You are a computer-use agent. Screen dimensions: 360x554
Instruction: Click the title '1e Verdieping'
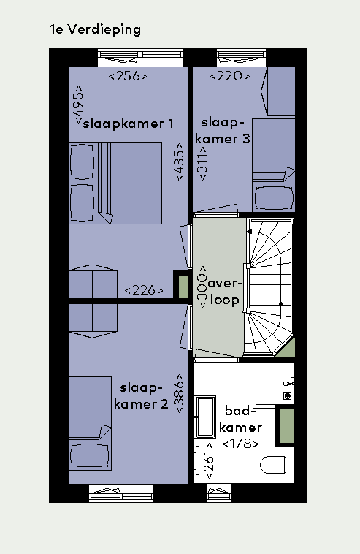[95, 30]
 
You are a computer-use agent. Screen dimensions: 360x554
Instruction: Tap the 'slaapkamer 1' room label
[128, 124]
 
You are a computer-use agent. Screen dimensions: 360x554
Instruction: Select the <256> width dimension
[128, 76]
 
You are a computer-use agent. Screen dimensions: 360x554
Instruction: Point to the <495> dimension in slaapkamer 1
[78, 105]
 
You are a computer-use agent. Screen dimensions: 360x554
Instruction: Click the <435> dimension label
[180, 162]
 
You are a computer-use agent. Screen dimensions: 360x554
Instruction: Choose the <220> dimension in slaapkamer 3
[230, 76]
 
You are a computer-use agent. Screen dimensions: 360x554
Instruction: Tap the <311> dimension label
[203, 163]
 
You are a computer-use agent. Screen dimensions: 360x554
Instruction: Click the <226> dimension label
[144, 290]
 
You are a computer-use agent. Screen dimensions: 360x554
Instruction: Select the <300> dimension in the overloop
[202, 287]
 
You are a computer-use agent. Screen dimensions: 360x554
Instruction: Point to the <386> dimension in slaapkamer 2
[179, 393]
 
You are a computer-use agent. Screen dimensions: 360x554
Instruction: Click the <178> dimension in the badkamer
[241, 443]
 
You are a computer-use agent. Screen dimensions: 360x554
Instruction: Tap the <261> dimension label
[210, 460]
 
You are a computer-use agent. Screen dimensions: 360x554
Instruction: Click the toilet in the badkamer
[273, 465]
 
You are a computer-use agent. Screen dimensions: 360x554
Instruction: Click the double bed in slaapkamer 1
[115, 183]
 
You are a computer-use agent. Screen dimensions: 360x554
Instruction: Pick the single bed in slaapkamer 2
[90, 423]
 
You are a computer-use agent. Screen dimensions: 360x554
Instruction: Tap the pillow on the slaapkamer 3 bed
[275, 198]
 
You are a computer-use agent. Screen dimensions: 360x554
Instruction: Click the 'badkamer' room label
[241, 420]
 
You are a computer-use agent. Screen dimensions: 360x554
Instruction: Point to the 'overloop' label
[225, 292]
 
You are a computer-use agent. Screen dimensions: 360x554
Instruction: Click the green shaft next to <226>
[183, 287]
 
